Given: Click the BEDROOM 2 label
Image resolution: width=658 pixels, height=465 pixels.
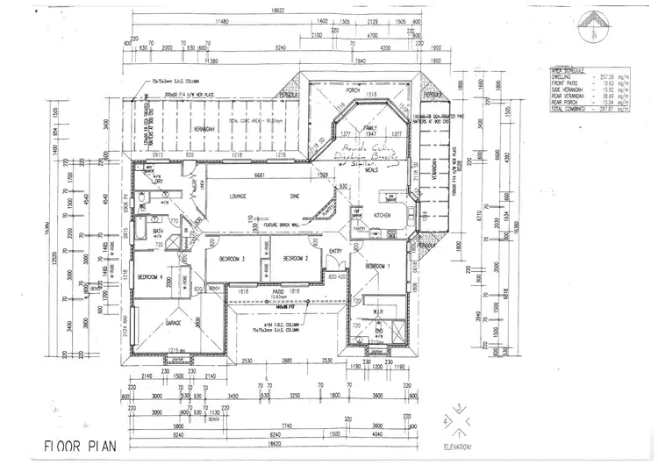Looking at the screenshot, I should tap(293, 259).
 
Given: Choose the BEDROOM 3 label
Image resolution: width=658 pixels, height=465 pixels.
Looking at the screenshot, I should tap(231, 259).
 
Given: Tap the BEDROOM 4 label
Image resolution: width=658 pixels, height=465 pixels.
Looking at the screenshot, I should tap(151, 276).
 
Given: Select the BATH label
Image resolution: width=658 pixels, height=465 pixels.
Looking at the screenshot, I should tap(159, 232).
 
